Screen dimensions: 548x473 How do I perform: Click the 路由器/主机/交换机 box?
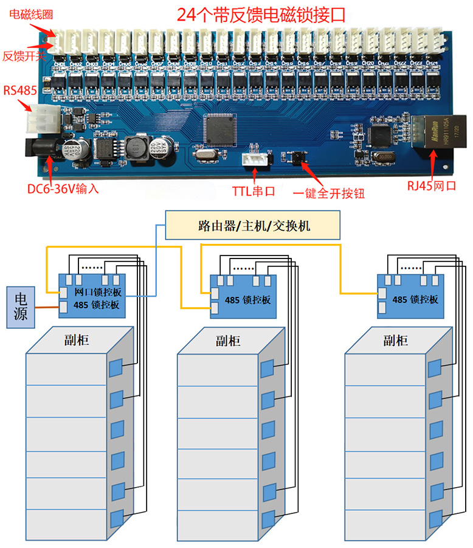(x=254, y=226)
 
